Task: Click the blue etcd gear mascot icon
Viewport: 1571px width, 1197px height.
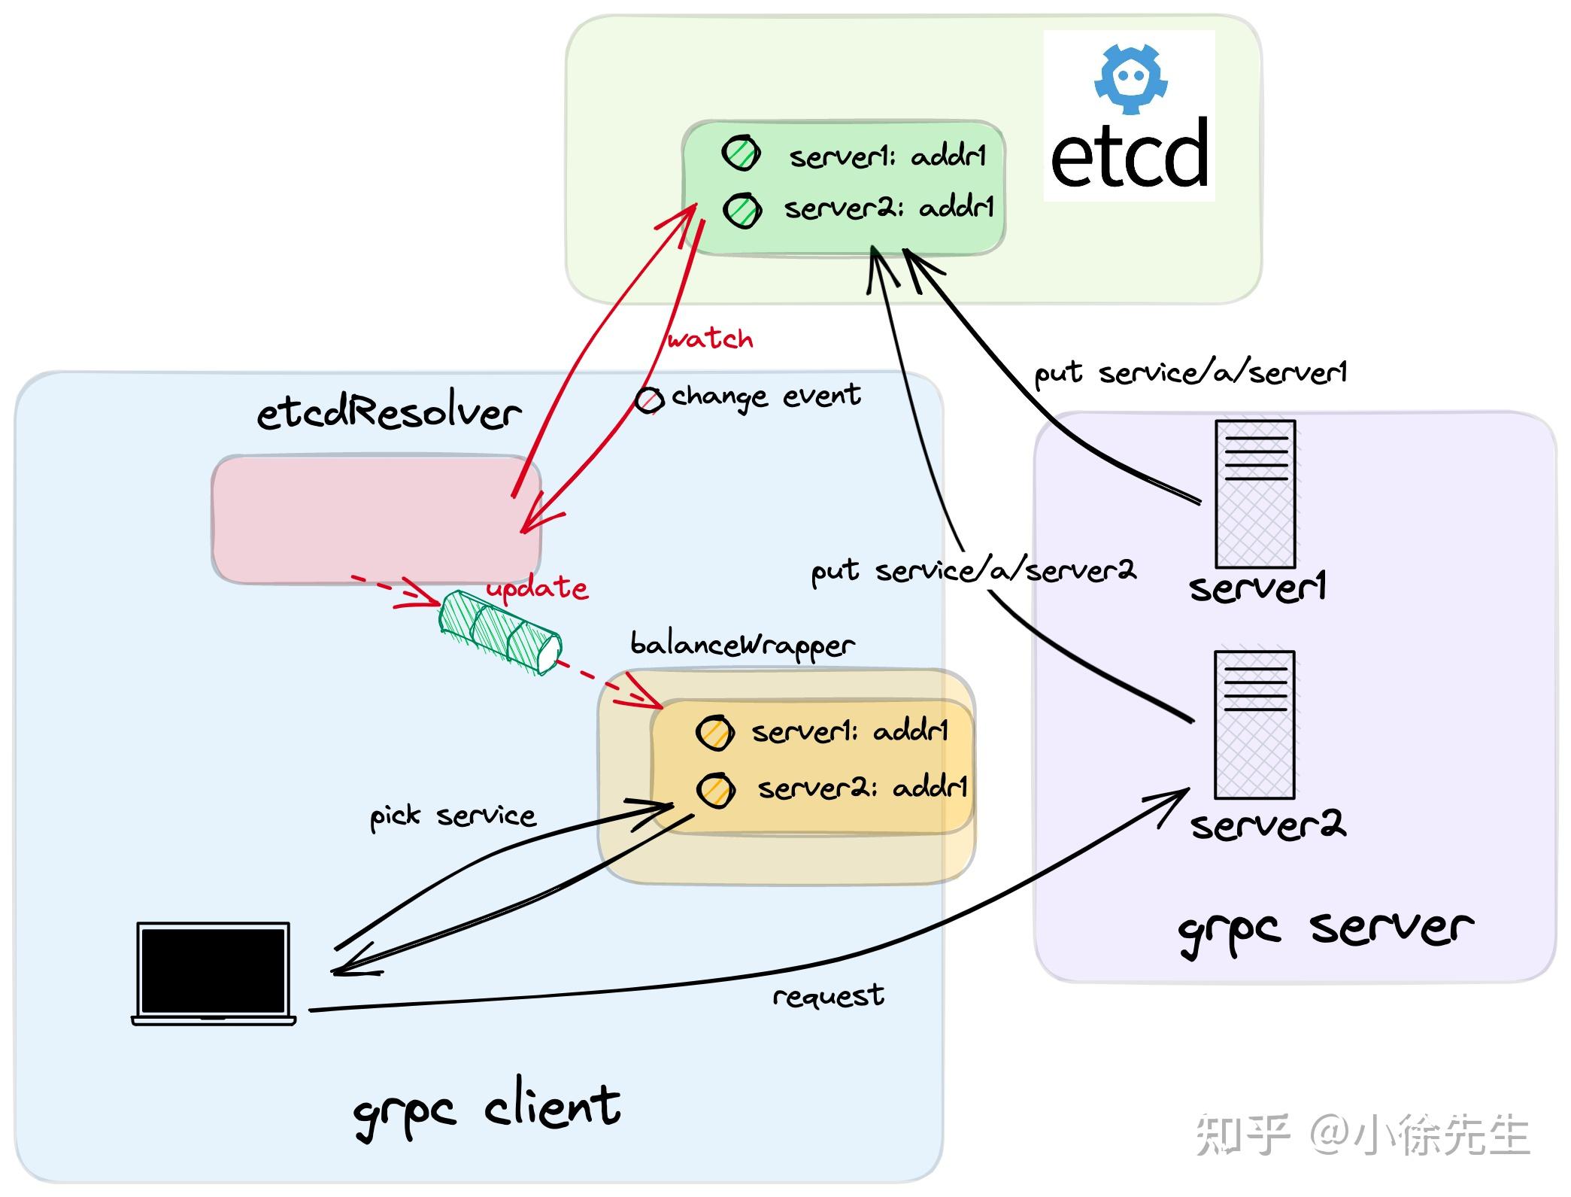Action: (1130, 79)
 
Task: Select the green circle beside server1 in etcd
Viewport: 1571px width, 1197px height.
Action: (741, 153)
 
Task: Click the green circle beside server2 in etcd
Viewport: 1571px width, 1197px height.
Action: (742, 210)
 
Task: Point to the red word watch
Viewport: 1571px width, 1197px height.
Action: (709, 339)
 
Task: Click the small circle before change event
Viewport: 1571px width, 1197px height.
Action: (649, 400)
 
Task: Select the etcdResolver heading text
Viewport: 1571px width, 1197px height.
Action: (389, 412)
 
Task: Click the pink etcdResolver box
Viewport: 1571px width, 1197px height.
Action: (375, 518)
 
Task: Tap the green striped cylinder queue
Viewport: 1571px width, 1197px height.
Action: (500, 632)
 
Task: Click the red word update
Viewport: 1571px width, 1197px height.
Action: (537, 588)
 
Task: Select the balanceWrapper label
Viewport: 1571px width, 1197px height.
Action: (742, 645)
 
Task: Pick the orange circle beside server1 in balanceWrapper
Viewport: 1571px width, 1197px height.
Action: (714, 732)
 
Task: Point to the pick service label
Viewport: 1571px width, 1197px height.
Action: (452, 816)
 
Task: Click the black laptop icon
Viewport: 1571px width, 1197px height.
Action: (214, 973)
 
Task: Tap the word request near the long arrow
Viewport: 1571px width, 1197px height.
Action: (828, 996)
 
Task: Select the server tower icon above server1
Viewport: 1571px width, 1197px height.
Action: (1254, 494)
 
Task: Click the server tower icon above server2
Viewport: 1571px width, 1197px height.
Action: (1254, 724)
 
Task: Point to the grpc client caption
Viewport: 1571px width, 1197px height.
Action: (487, 1110)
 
